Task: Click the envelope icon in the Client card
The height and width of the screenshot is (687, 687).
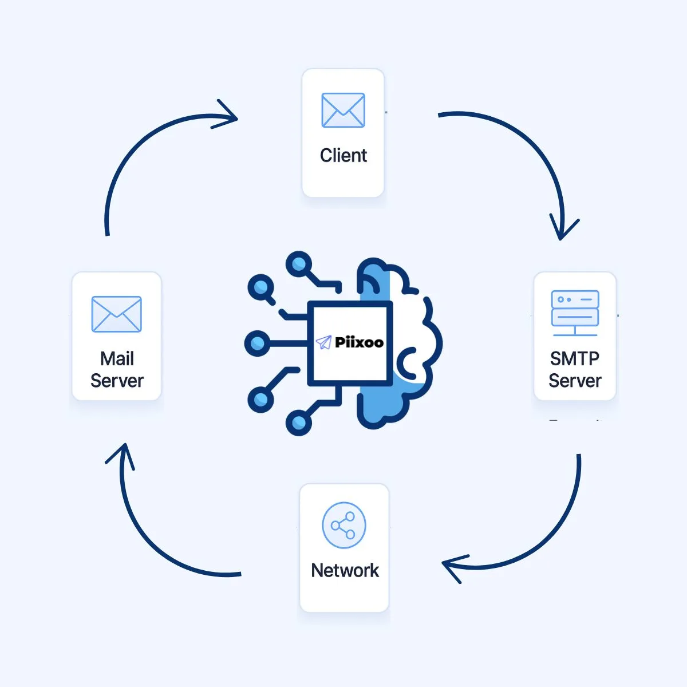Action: tap(343, 110)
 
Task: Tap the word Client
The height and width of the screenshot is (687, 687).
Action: tap(343, 155)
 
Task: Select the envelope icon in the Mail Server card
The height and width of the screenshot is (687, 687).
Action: tap(116, 314)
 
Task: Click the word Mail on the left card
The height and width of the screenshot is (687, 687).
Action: tap(117, 359)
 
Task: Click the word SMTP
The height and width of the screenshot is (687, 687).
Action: tap(575, 359)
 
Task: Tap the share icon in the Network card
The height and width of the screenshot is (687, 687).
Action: tap(343, 525)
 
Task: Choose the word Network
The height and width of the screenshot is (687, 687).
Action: tap(345, 570)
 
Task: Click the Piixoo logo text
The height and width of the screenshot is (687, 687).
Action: tap(359, 342)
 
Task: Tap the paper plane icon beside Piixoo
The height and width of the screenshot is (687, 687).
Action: tap(323, 342)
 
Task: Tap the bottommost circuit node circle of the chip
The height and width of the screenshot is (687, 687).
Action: tap(298, 423)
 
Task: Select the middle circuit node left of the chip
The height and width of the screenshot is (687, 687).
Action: tap(258, 343)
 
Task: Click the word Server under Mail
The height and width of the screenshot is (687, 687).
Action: tap(117, 381)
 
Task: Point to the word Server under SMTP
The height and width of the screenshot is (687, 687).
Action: tap(575, 381)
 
